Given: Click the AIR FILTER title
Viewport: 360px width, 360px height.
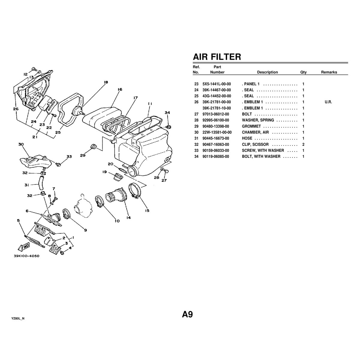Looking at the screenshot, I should pyautogui.click(x=217, y=57).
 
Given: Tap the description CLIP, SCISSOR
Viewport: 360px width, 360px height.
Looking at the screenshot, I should pyautogui.click(x=255, y=144).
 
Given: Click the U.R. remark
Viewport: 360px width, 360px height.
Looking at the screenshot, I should pyautogui.click(x=328, y=102).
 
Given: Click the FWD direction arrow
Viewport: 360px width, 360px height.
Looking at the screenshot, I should pyautogui.click(x=25, y=247).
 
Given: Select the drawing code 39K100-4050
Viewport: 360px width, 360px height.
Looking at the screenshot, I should pyautogui.click(x=27, y=256).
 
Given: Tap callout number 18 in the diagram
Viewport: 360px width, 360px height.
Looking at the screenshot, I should pyautogui.click(x=106, y=82).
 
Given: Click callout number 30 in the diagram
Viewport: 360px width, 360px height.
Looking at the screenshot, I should pyautogui.click(x=21, y=144).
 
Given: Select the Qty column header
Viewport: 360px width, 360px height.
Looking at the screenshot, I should pyautogui.click(x=303, y=72).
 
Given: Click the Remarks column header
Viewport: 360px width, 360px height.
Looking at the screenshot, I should pyautogui.click(x=329, y=72).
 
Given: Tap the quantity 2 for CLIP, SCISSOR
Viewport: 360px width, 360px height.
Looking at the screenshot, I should pyautogui.click(x=304, y=144).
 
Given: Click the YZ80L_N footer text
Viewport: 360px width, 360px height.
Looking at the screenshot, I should pyautogui.click(x=18, y=318).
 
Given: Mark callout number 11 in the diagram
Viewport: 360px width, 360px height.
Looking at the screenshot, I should pyautogui.click(x=150, y=103).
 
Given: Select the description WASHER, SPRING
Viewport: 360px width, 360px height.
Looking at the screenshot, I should pyautogui.click(x=258, y=120).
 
